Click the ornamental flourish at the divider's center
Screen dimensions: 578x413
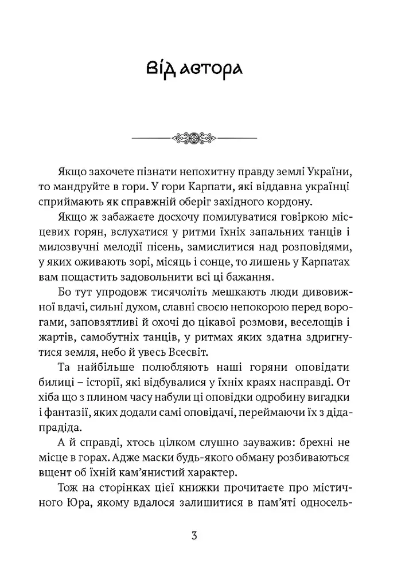tap(194, 138)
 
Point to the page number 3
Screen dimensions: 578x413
tap(194, 536)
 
